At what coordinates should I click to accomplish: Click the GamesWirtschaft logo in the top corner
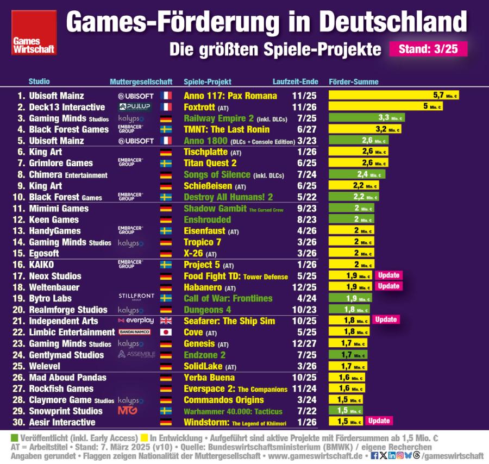[x=34, y=32]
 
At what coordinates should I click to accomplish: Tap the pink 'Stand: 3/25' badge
[x=428, y=49]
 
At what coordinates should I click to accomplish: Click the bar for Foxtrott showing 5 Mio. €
[x=385, y=106]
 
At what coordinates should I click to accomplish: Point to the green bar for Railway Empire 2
[x=367, y=118]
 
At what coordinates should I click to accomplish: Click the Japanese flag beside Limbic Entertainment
[x=166, y=332]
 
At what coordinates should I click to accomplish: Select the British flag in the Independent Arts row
[x=166, y=321]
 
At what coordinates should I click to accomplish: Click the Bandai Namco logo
[x=135, y=332]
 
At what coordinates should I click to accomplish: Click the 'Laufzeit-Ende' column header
[x=296, y=82]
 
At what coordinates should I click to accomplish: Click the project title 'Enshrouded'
[x=207, y=220]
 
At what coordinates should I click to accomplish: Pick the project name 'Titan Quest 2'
[x=210, y=163]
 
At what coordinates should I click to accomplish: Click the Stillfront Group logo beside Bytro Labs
[x=136, y=297]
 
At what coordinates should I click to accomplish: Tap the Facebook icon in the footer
[x=374, y=455]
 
